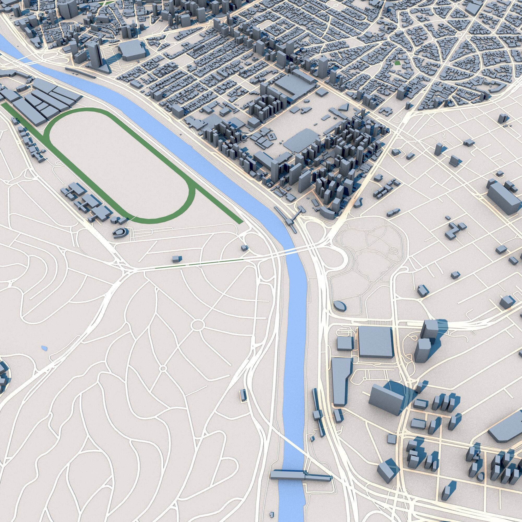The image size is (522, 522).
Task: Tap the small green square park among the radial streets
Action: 397,63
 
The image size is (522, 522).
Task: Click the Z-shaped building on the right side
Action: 455,230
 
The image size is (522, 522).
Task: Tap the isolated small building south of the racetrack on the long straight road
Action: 176,259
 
